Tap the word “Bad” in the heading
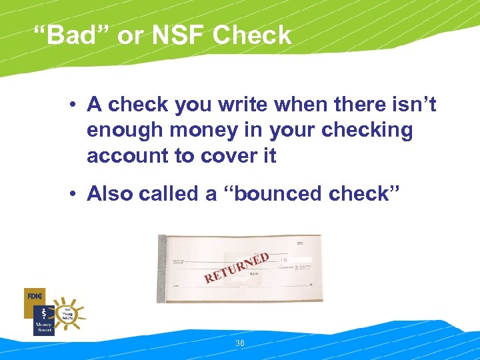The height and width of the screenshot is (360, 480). coord(73,35)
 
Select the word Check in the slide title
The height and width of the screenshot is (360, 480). coord(252,35)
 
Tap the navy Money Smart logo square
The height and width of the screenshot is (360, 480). coord(43,321)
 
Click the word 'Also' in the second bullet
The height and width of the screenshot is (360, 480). coord(111,194)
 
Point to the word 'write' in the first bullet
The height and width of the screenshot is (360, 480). coord(253,105)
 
